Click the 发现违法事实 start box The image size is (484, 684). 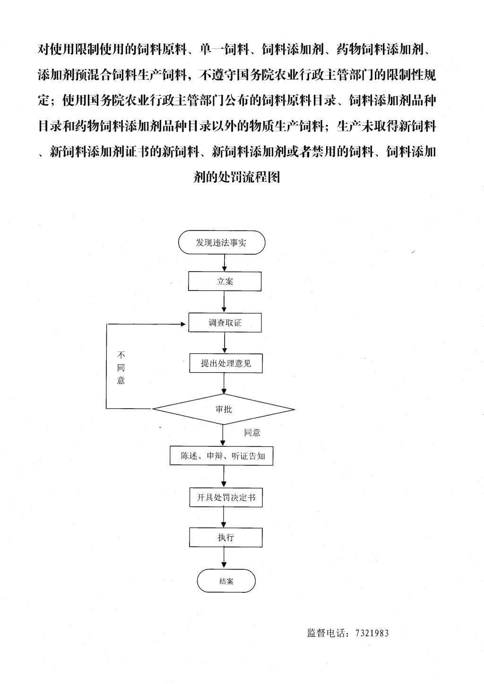[222, 242]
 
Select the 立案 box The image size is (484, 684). [225, 281]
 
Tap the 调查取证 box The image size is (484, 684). [225, 323]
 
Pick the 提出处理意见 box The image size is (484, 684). [226, 363]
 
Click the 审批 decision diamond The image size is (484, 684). [224, 409]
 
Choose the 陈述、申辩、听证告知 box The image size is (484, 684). [222, 456]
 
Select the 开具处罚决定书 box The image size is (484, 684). [226, 497]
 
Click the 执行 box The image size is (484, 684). [226, 538]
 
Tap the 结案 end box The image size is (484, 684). [226, 581]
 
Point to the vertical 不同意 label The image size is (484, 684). [121, 368]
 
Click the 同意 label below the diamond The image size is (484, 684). [252, 432]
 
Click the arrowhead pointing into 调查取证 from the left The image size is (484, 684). [183, 324]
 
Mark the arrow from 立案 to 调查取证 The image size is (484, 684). [225, 302]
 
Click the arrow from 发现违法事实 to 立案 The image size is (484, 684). [225, 263]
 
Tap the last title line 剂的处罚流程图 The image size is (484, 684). [237, 177]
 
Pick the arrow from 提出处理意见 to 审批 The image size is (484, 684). [225, 383]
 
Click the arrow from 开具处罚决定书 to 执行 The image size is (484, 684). [224, 517]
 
